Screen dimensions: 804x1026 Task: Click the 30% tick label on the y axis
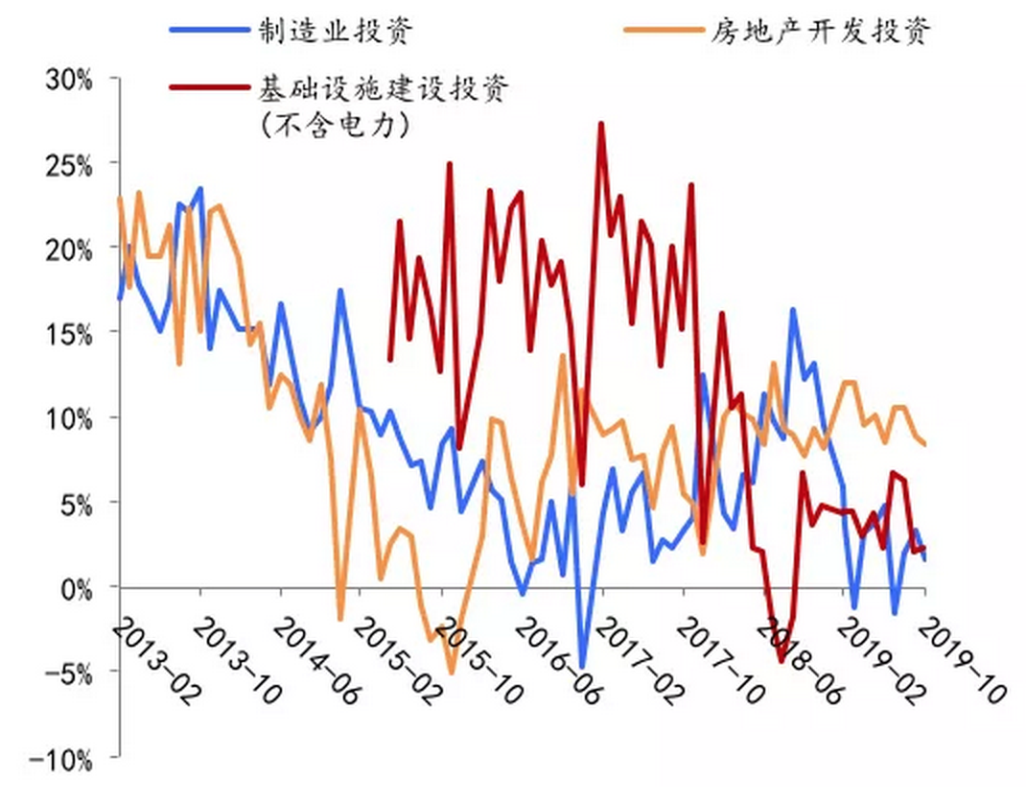67,80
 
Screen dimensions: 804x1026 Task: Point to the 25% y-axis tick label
67,164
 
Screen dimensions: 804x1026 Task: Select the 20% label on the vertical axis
67,248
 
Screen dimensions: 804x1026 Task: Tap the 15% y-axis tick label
67,333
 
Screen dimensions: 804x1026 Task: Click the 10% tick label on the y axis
67,417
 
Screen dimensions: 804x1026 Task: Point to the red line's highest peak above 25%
601,124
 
